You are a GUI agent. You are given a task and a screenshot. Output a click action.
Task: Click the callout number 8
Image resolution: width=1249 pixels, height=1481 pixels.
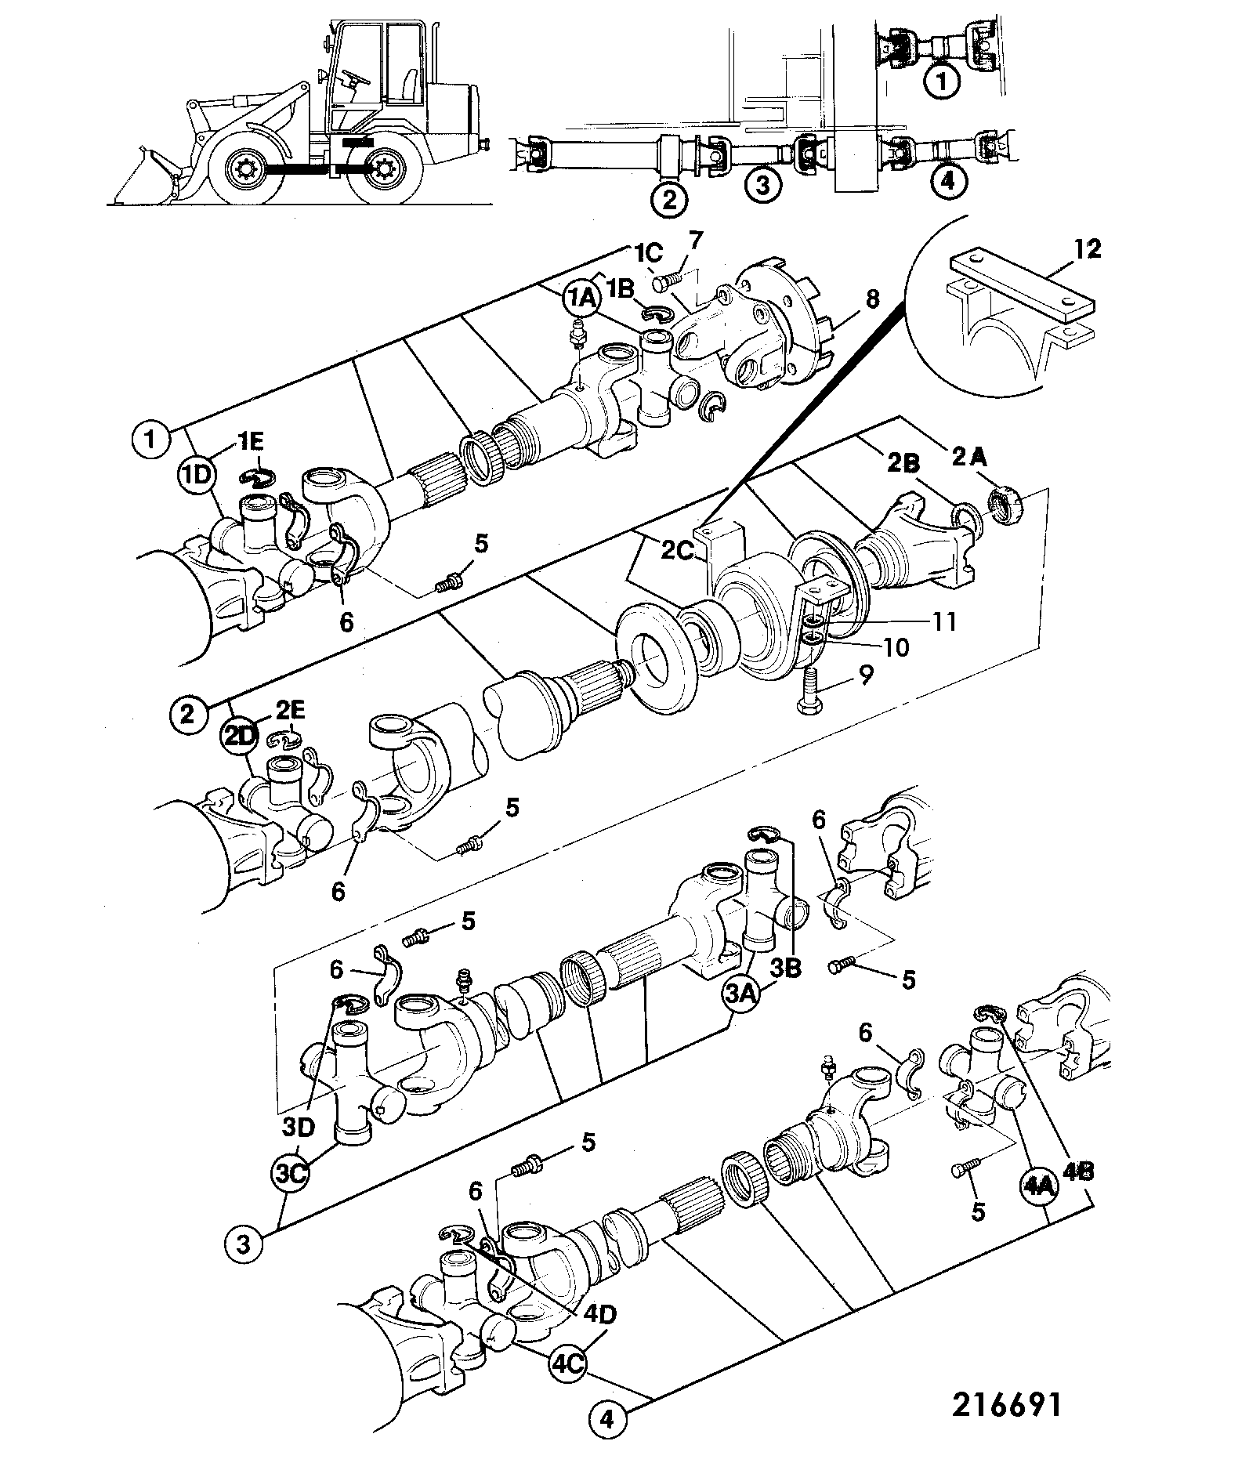(x=872, y=299)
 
